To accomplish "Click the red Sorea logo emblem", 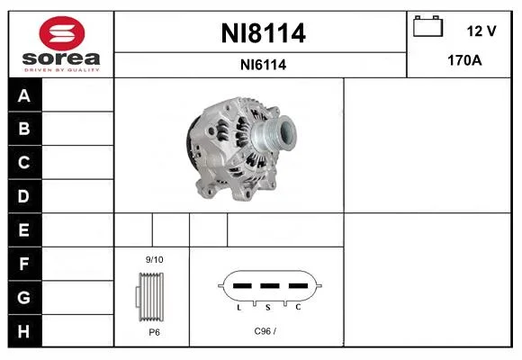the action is [62, 33].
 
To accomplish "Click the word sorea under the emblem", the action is [61, 58].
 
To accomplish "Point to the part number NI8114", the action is [264, 33].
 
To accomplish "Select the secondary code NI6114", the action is [264, 65].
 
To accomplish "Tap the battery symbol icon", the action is [427, 26].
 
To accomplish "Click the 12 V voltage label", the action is [481, 31].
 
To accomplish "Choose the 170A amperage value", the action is [464, 60].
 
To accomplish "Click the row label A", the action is [24, 95].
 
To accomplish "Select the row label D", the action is [23, 196].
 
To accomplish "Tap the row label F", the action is [23, 264].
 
